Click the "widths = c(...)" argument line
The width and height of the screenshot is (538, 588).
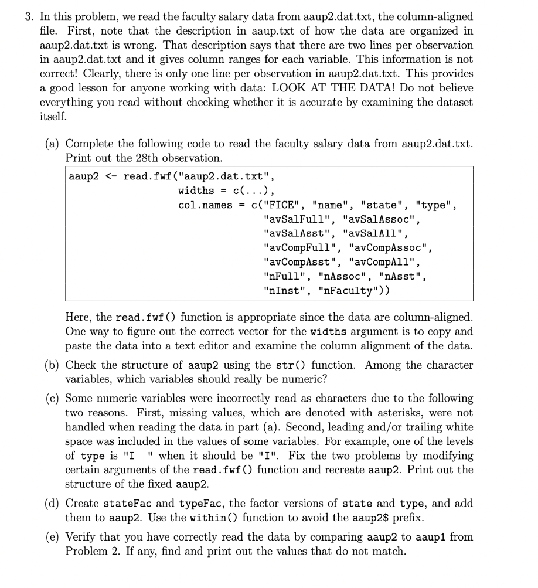coord(226,191)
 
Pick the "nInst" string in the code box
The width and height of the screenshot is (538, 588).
coord(285,290)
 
